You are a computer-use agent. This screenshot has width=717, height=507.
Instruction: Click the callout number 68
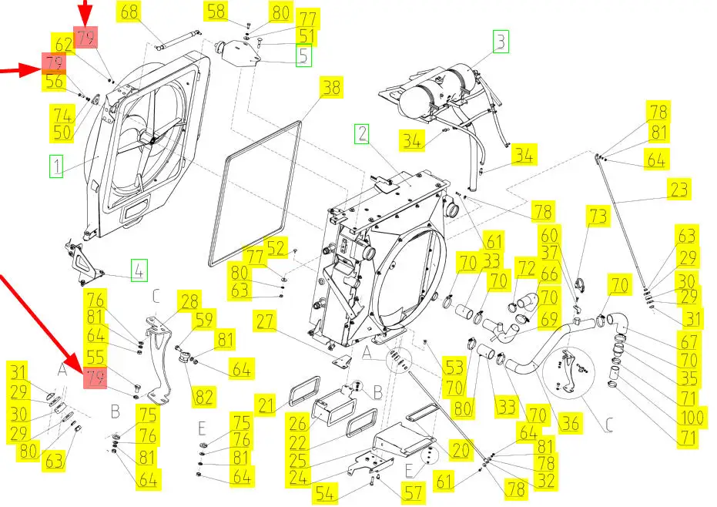(129, 12)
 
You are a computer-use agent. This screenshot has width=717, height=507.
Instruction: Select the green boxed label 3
(501, 41)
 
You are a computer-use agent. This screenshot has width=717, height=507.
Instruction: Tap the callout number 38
(330, 88)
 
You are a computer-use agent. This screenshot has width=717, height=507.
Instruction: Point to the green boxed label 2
(362, 134)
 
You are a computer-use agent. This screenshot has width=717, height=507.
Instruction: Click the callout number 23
(678, 189)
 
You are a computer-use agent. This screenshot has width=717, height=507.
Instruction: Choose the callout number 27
(266, 322)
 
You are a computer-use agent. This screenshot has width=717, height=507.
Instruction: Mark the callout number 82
(203, 396)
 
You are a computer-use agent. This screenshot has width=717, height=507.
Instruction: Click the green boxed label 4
(139, 270)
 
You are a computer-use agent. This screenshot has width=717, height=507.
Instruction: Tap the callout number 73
(598, 215)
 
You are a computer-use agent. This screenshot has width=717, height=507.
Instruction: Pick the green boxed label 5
(303, 55)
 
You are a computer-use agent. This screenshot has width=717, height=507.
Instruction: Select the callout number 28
(189, 301)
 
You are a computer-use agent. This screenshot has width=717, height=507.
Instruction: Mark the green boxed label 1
(55, 165)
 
